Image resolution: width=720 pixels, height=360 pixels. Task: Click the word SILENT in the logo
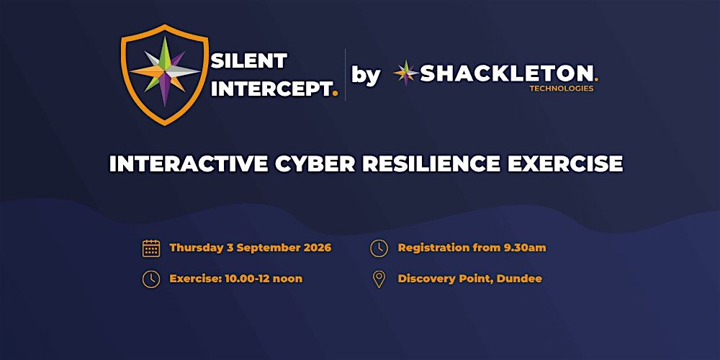249,60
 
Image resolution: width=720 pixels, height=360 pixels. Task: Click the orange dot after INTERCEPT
336,94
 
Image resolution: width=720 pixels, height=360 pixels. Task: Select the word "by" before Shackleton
366,76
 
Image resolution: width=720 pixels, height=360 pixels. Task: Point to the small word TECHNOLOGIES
561,89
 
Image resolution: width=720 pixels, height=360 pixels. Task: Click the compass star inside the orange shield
164,71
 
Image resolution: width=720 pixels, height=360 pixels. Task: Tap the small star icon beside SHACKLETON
406,73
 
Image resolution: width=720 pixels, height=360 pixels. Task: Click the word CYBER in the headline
315,164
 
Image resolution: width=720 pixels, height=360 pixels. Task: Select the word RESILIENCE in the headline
431,164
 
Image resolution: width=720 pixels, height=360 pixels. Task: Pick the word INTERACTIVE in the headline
189,164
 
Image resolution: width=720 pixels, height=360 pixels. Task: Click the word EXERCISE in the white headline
564,164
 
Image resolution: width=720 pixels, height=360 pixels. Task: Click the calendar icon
151,248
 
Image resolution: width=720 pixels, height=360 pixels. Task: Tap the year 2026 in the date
318,248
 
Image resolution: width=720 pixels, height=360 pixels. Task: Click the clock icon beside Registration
379,248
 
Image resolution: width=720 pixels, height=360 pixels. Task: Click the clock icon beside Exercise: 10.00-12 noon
151,279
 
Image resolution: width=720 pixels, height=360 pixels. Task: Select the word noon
289,279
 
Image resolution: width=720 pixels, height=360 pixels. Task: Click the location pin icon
379,279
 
